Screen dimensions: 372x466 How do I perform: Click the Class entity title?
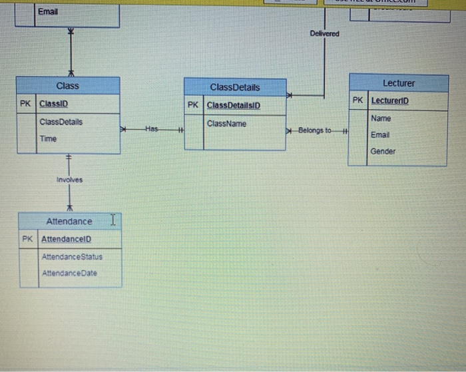67,86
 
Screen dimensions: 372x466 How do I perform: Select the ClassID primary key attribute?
54,104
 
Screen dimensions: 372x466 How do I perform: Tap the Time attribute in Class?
48,138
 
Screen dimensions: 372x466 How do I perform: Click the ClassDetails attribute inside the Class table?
61,122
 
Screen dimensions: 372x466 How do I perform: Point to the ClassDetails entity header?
235,87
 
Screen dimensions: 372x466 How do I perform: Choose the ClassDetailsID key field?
234,105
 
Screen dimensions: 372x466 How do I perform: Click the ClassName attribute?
226,124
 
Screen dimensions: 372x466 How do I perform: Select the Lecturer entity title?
398,83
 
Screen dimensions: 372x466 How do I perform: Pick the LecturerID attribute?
390,100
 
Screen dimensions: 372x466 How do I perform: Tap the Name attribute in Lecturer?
381,118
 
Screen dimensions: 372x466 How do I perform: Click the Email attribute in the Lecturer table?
380,134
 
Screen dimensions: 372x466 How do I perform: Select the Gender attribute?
383,151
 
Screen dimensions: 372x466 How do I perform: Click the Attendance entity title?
69,221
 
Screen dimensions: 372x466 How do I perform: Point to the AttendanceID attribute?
67,238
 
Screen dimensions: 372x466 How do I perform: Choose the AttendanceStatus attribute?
72,256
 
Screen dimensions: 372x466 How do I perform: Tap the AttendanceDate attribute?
70,273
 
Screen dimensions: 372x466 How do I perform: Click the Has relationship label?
152,128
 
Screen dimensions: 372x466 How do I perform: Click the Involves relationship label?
69,180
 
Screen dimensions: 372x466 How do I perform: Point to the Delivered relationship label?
324,33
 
